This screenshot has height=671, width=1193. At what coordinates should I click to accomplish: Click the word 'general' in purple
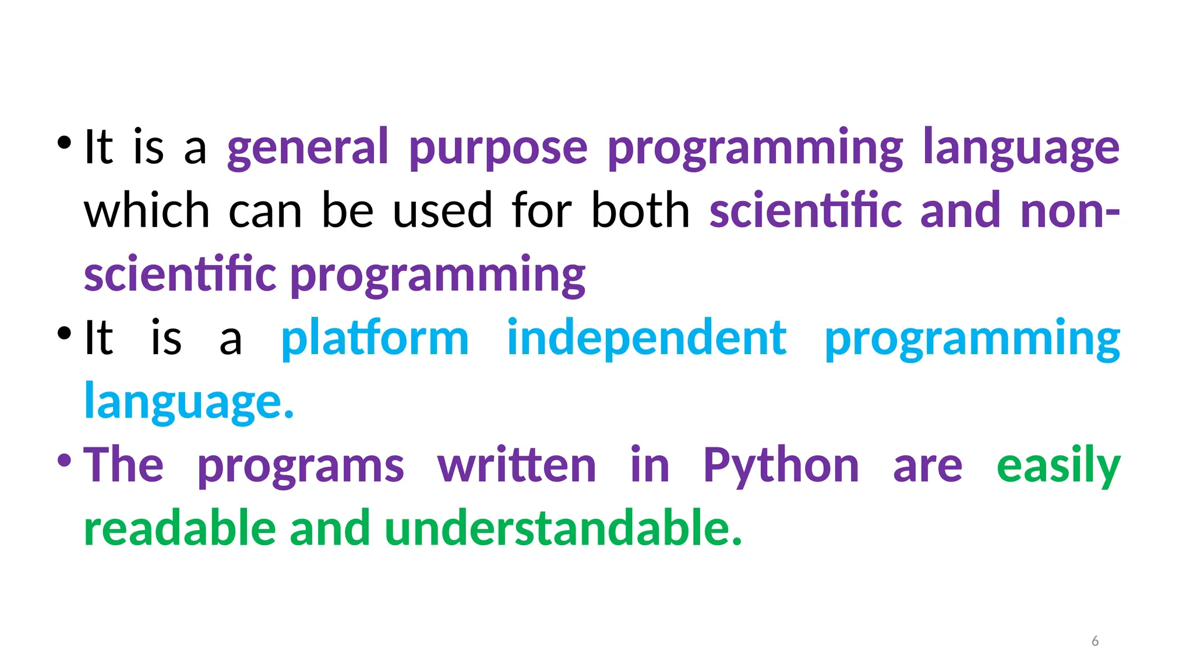[x=307, y=147]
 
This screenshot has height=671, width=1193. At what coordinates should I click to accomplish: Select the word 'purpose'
[x=498, y=147]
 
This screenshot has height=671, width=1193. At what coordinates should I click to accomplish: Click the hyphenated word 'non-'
[x=1070, y=211]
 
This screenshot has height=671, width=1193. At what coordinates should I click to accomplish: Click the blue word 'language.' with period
[x=189, y=402]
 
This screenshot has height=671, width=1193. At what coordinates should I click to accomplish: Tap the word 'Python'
[x=781, y=465]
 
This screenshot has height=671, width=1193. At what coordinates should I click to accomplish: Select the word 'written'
[x=517, y=465]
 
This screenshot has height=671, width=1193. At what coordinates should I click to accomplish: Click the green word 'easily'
[x=1058, y=465]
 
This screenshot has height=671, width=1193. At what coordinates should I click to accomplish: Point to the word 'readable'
[x=180, y=528]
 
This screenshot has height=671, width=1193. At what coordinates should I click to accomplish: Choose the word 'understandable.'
[x=563, y=528]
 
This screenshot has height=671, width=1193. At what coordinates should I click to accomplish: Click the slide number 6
[x=1095, y=641]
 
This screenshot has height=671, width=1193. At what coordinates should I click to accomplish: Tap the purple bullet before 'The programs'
[x=64, y=461]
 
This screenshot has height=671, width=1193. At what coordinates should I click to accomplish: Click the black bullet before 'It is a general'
[x=64, y=142]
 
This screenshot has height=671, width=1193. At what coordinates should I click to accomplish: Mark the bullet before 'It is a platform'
[x=64, y=333]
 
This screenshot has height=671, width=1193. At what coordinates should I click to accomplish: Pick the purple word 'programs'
[x=301, y=467]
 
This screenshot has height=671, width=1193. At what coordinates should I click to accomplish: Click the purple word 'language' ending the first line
[x=1021, y=147]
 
